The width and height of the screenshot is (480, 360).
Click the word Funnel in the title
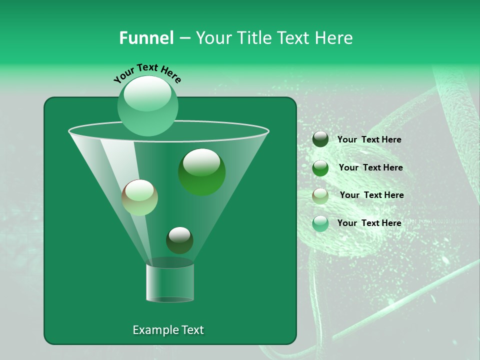[x=146, y=38]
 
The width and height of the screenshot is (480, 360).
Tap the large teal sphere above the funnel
[x=148, y=106]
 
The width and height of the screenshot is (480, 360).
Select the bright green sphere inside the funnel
[x=201, y=172]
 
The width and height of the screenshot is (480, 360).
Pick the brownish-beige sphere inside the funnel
[x=139, y=197]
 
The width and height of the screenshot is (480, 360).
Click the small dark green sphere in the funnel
[x=179, y=240]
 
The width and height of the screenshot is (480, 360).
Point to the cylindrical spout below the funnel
[x=169, y=282]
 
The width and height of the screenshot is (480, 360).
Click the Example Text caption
[x=168, y=330]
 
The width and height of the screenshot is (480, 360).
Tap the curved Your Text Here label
[x=147, y=73]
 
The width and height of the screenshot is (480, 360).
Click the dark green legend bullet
[x=320, y=139]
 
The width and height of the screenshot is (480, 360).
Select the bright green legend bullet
[x=320, y=168]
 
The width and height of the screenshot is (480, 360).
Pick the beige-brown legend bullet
[x=320, y=196]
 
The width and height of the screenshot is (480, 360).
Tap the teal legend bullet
[x=320, y=223]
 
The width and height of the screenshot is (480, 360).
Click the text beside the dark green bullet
[x=369, y=140]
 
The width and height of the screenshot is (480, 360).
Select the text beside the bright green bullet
[x=370, y=168]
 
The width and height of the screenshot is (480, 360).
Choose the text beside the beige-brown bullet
[x=371, y=195]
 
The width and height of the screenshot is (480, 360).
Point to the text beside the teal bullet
[x=369, y=223]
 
